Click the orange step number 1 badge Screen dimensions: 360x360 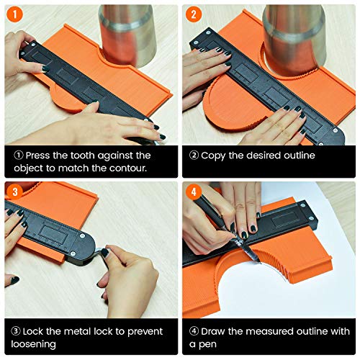click(x=13, y=14)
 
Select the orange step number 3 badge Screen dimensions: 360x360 click(x=13, y=191)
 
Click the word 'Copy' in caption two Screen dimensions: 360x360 click(x=214, y=155)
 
